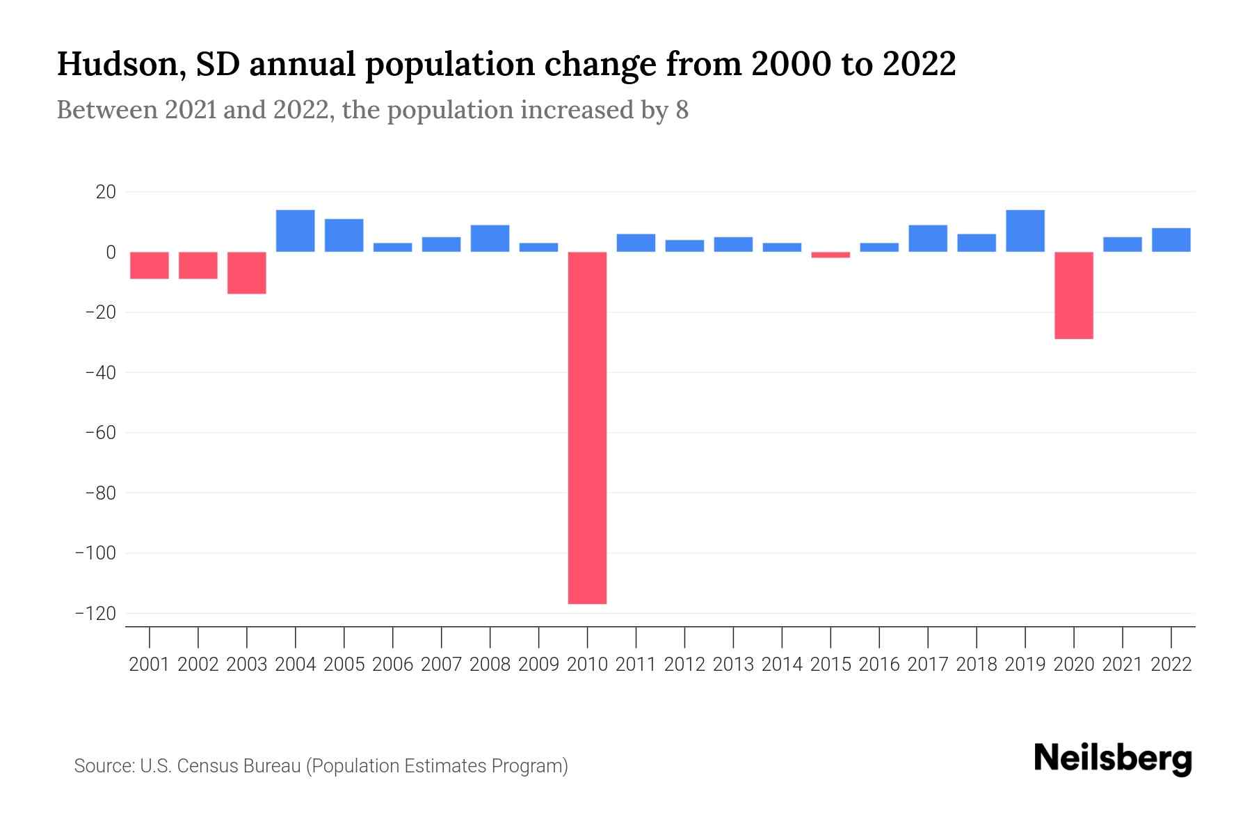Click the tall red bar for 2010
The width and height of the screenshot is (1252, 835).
point(587,427)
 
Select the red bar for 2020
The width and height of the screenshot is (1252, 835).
point(1073,295)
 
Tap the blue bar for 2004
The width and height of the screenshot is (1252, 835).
point(295,231)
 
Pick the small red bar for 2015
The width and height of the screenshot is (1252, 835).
point(830,255)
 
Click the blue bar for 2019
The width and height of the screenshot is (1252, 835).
point(1025,231)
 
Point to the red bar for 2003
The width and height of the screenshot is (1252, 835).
point(247,273)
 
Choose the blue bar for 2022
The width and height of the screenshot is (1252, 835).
point(1171,240)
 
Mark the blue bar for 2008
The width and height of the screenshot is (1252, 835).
point(490,239)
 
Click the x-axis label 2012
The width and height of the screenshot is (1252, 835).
point(684,665)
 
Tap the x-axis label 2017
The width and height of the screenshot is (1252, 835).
point(928,665)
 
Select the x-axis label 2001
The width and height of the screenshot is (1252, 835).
point(150,665)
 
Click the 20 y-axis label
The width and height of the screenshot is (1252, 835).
point(106,192)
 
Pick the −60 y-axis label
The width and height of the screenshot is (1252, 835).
point(99,433)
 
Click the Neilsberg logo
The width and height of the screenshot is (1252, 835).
point(1113,758)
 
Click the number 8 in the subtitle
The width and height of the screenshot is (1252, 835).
point(682,111)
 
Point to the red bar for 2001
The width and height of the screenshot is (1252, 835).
point(150,265)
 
